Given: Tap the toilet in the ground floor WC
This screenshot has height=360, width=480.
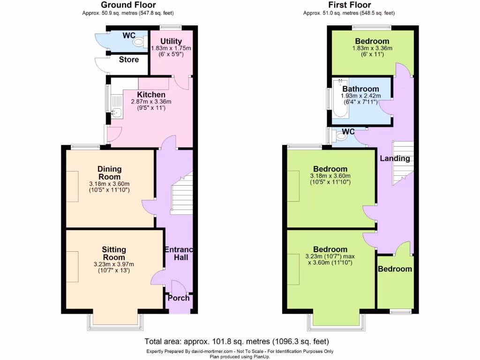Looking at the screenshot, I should tap(139, 43).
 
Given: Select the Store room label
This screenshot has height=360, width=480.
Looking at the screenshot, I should tap(128, 60).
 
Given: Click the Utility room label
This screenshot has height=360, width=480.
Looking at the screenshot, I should tap(171, 41).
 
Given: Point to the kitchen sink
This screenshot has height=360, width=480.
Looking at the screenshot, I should tap(117, 112).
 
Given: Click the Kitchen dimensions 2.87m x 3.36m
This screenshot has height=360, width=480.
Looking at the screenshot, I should tap(151, 102).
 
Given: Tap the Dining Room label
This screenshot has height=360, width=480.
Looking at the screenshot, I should tap(110, 173).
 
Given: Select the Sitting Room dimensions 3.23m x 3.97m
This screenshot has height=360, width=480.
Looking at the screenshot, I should tap(114, 264).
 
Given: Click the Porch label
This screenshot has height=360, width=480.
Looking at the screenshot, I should tap(179, 298).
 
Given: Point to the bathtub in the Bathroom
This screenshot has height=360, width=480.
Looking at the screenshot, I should tap(339, 99).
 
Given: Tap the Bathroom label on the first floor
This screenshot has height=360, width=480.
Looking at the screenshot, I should tap(360, 89).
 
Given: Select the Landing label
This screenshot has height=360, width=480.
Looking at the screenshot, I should tap(395, 158).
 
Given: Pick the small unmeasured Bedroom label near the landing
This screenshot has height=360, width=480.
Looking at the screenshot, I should tap(395, 269).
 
